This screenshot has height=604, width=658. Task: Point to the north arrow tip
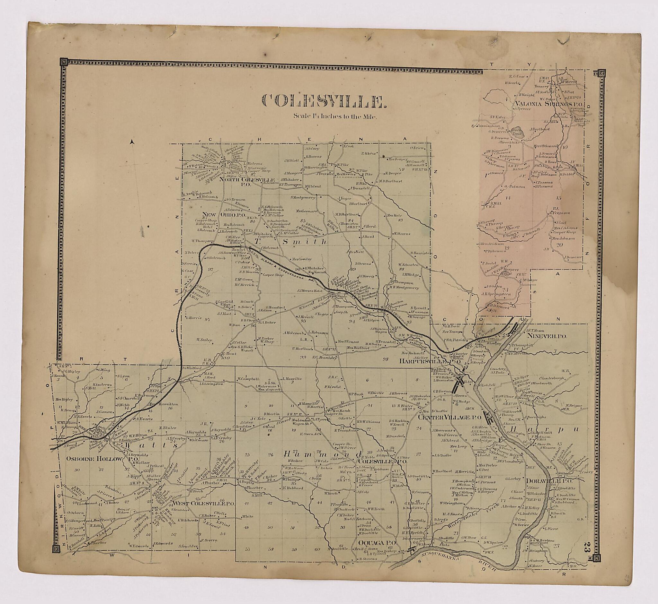coord(131,141)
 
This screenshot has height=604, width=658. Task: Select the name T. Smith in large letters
coord(290,242)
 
